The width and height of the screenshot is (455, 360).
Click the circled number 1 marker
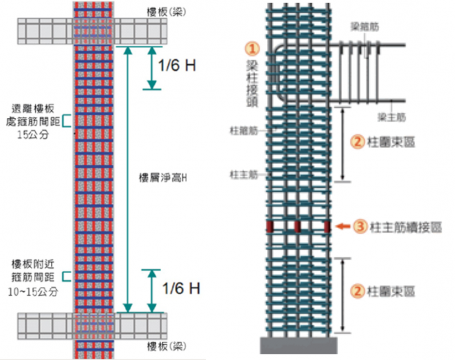[253, 47]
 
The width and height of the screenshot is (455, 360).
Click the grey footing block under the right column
[298, 345]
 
